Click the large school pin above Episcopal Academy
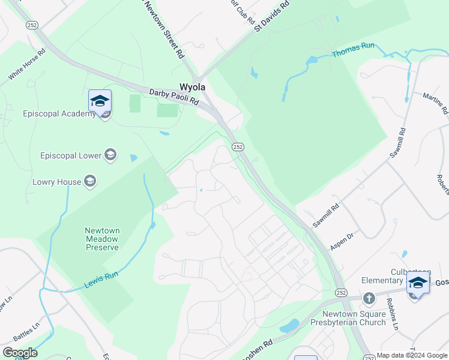100,100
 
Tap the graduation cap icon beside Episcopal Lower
110,155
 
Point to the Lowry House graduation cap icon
90,181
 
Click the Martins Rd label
435,103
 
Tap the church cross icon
369,298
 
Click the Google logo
20,353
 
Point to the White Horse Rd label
27,65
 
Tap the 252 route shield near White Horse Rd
32,25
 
